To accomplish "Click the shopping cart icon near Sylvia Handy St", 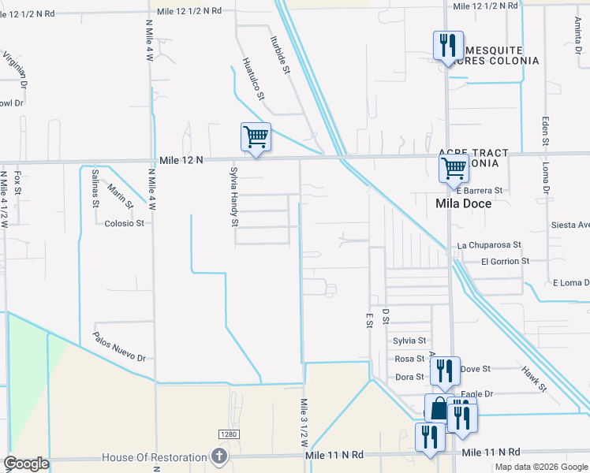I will coord(256,137).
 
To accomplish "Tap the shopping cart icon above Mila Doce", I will coord(454,168).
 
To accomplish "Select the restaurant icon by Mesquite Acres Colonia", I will coord(447,45).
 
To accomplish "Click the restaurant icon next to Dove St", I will coord(445,371).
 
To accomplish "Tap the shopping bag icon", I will coord(439,409).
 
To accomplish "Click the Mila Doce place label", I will coord(464,203).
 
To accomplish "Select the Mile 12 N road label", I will coord(181,160).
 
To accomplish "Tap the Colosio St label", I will coord(125,223).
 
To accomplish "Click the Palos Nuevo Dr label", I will coord(120,347).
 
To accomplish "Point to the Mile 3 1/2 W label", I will coord(304,423).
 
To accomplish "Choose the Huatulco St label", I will coord(253,79).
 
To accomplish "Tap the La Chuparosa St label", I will coord(489,245).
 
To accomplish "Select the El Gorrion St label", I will coord(505,260).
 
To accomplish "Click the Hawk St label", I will coord(534,378).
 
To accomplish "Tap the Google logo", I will coord(27,464).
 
